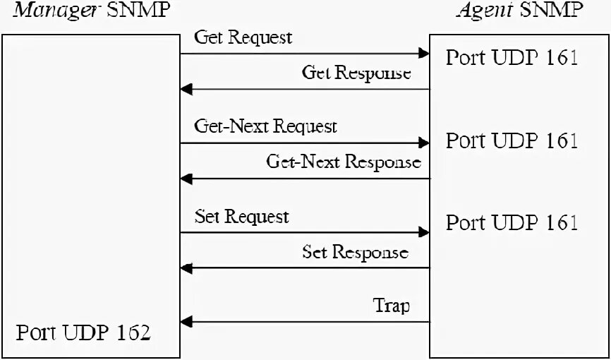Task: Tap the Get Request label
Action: click(243, 37)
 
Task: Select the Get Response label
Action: click(356, 72)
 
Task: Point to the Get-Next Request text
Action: click(265, 126)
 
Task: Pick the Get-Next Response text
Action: click(343, 162)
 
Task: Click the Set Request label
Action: click(241, 216)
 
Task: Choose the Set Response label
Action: click(355, 251)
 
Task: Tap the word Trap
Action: click(391, 306)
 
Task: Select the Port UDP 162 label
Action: click(83, 332)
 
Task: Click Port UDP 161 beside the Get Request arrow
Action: click(512, 57)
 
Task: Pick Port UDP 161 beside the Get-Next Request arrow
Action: click(512, 140)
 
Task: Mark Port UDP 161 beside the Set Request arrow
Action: click(512, 222)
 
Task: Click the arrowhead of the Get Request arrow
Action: click(424, 54)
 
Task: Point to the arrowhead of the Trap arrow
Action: click(186, 323)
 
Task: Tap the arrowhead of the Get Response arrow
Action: click(186, 89)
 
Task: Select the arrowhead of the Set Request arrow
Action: click(424, 232)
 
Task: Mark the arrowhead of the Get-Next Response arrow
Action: click(186, 179)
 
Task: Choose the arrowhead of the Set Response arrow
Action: click(186, 268)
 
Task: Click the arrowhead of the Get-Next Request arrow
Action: click(424, 143)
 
